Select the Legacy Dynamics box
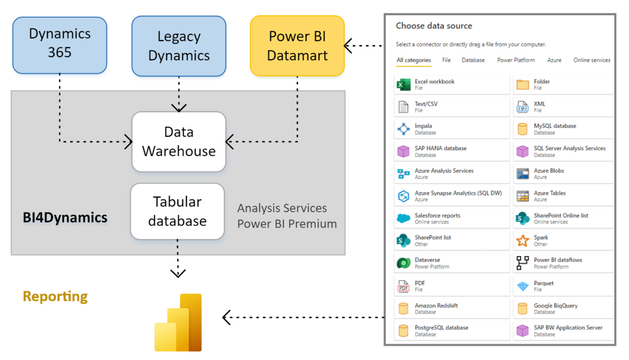tap(179, 46)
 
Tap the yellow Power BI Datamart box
tap(297, 46)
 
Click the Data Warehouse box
tap(179, 142)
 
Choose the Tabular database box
tap(177, 211)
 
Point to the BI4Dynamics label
tap(65, 218)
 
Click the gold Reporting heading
tap(55, 297)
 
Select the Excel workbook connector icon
tap(404, 85)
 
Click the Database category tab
tap(473, 60)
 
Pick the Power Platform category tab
tap(516, 60)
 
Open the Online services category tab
tap(591, 60)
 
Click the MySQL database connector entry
tap(555, 129)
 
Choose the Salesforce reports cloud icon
tap(404, 218)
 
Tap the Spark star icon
tap(523, 241)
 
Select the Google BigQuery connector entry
tap(556, 308)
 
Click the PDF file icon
tap(404, 286)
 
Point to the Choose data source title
tap(434, 26)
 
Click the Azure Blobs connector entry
tap(549, 174)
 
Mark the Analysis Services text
tap(282, 208)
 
